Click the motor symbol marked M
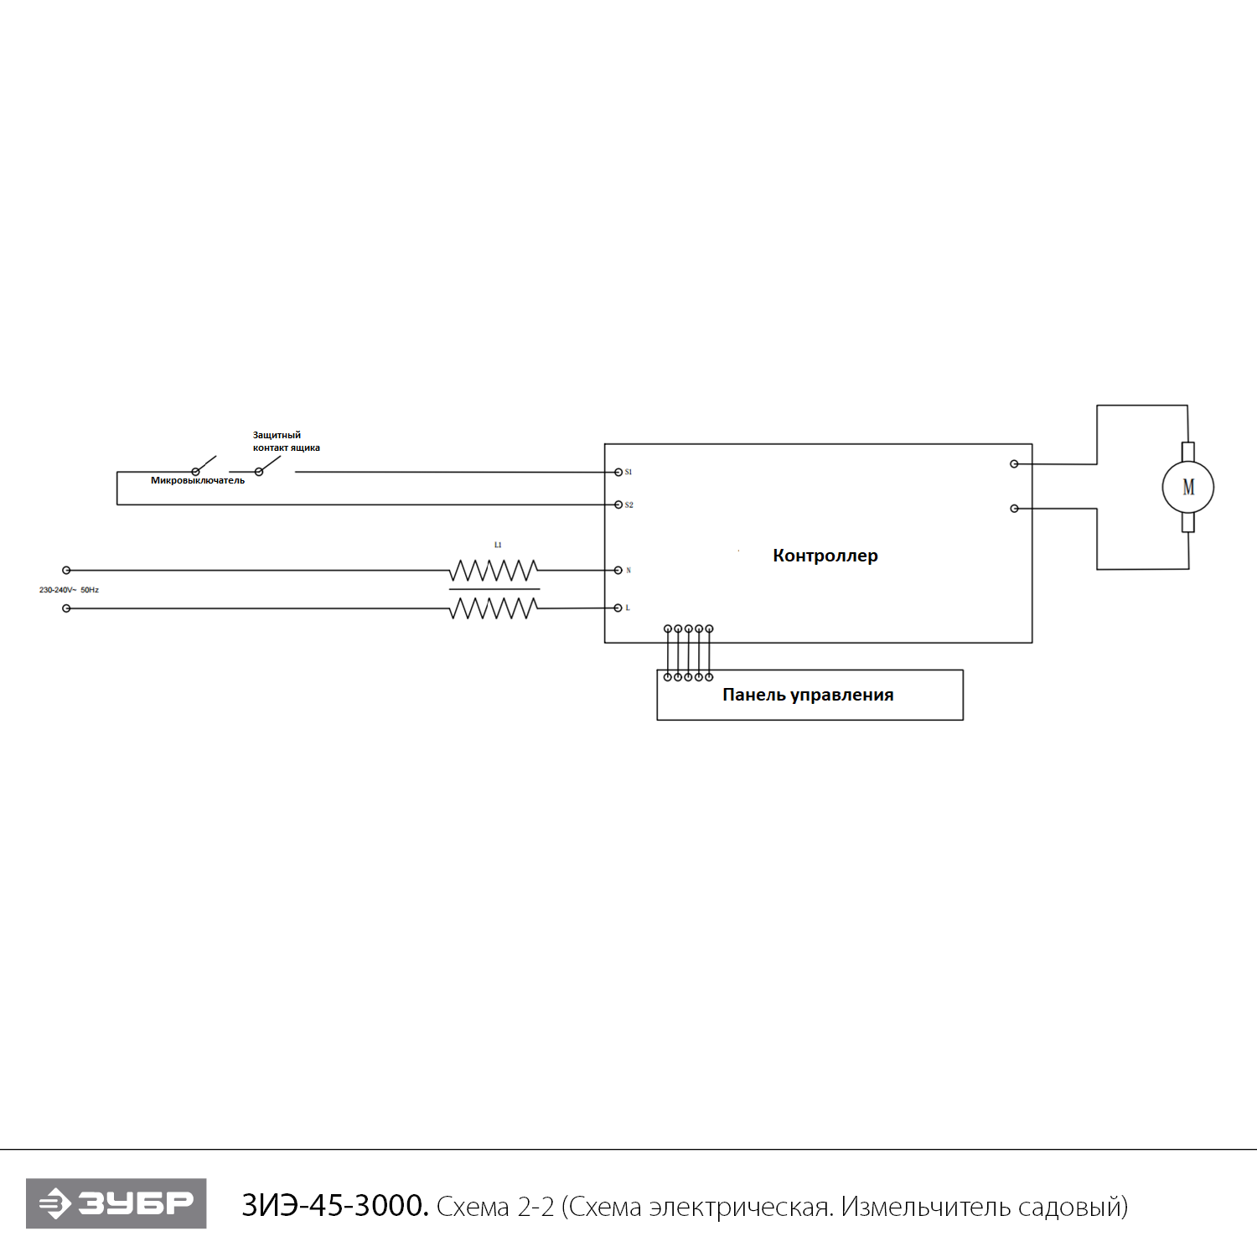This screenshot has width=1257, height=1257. (x=1187, y=487)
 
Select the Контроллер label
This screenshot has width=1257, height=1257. (x=825, y=556)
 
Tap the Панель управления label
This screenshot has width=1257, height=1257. (x=808, y=695)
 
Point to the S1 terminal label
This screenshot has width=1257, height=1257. (x=628, y=473)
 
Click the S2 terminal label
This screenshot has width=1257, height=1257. (x=629, y=505)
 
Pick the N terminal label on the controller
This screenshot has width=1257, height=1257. (x=628, y=571)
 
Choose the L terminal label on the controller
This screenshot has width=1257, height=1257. (x=628, y=608)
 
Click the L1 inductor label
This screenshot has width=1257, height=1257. (x=498, y=545)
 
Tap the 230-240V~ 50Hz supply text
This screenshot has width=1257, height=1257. (x=69, y=590)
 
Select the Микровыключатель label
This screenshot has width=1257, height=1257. (x=198, y=481)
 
